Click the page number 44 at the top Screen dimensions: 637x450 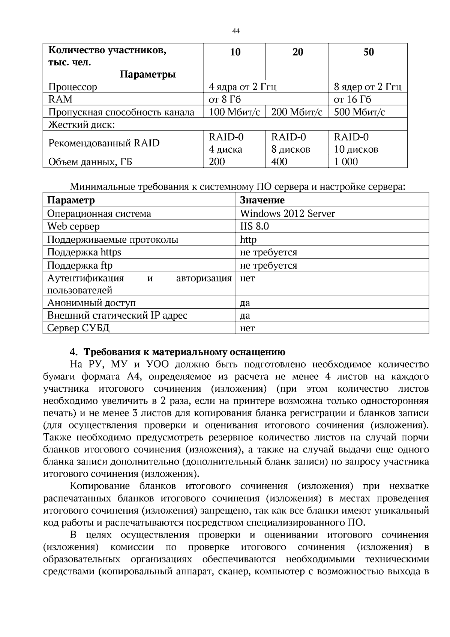pyautogui.click(x=236, y=31)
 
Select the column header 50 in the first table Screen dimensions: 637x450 pyautogui.click(x=368, y=52)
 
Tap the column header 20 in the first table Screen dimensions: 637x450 pyautogui.click(x=297, y=52)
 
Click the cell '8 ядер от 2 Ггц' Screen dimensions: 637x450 pyautogui.click(x=367, y=87)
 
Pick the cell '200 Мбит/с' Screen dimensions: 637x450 pyautogui.click(x=297, y=112)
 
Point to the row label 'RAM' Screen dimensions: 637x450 pyautogui.click(x=60, y=99)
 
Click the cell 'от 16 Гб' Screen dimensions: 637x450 pyautogui.click(x=352, y=99)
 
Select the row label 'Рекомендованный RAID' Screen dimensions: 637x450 pyautogui.click(x=104, y=143)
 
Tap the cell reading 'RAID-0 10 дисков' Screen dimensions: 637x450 pyautogui.click(x=356, y=143)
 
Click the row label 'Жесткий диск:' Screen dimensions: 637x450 pyautogui.click(x=81, y=124)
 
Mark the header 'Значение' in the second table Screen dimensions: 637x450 pyautogui.click(x=262, y=200)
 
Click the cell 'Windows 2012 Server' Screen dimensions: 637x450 pyautogui.click(x=287, y=213)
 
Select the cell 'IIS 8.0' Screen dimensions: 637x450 pyautogui.click(x=254, y=226)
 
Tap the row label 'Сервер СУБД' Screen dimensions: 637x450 pyautogui.click(x=78, y=328)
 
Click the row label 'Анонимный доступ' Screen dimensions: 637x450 pyautogui.click(x=91, y=303)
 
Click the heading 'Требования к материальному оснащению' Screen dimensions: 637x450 pyautogui.click(x=184, y=352)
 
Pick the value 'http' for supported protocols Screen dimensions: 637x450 pyautogui.click(x=248, y=239)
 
